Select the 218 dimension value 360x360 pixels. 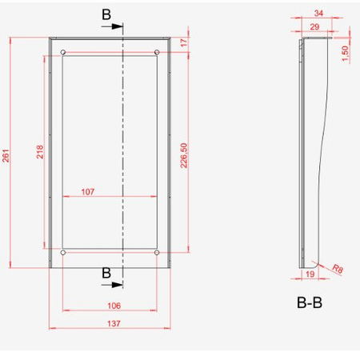click(41, 152)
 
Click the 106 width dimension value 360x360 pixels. click(113, 305)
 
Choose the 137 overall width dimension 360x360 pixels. click(113, 323)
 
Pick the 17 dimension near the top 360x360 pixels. click(184, 43)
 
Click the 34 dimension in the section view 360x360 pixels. click(319, 14)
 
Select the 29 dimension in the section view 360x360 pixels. click(314, 27)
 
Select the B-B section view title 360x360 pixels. click(310, 303)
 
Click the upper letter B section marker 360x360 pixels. click(107, 14)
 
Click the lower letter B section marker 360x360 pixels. click(106, 273)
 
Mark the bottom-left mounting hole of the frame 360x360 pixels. click(63, 253)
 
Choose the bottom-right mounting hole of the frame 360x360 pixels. click(157, 253)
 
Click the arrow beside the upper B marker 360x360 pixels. click(116, 26)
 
